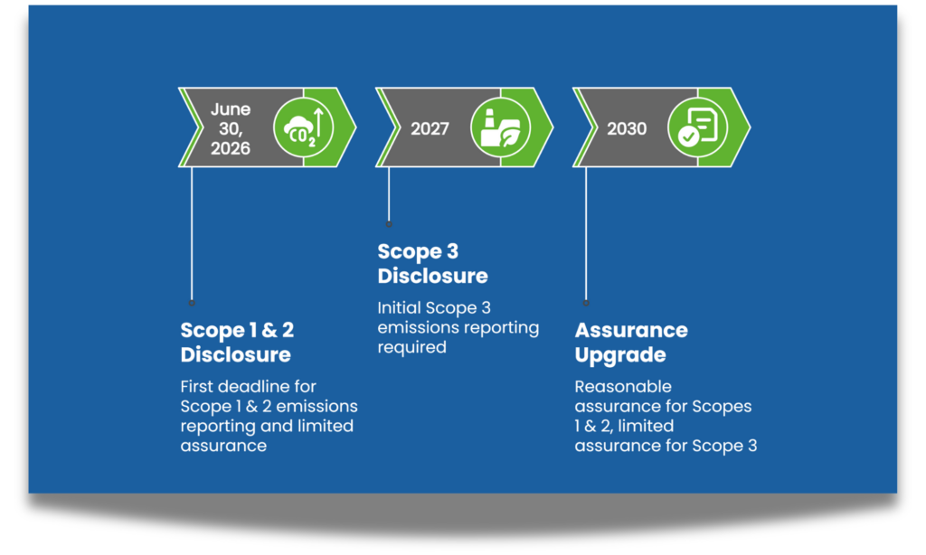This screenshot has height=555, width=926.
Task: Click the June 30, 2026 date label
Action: click(231, 128)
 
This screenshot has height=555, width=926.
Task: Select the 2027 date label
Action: click(430, 128)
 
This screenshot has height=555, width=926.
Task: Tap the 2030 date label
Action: click(627, 128)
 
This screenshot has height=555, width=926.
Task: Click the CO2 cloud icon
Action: click(304, 128)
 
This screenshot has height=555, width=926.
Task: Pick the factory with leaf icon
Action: click(500, 128)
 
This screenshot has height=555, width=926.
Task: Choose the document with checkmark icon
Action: click(697, 128)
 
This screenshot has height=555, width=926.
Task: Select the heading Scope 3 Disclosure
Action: click(432, 263)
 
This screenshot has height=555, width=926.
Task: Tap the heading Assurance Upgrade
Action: click(631, 342)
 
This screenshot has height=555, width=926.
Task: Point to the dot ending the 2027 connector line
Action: click(389, 223)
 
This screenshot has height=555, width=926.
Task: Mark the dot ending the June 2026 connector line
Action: click(192, 302)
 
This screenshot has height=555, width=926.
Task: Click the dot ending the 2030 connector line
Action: click(586, 302)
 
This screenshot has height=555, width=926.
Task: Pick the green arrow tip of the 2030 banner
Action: click(739, 128)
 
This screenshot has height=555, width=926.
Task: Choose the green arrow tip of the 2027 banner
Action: click(542, 128)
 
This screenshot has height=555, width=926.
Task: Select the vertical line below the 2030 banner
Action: click(586, 235)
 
